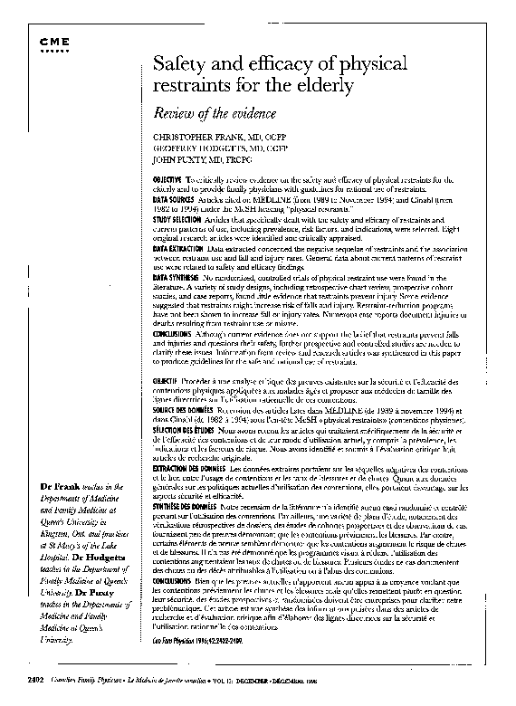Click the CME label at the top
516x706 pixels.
[x=54, y=43]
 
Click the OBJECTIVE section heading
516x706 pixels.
[x=169, y=182]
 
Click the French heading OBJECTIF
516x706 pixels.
[x=168, y=384]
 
